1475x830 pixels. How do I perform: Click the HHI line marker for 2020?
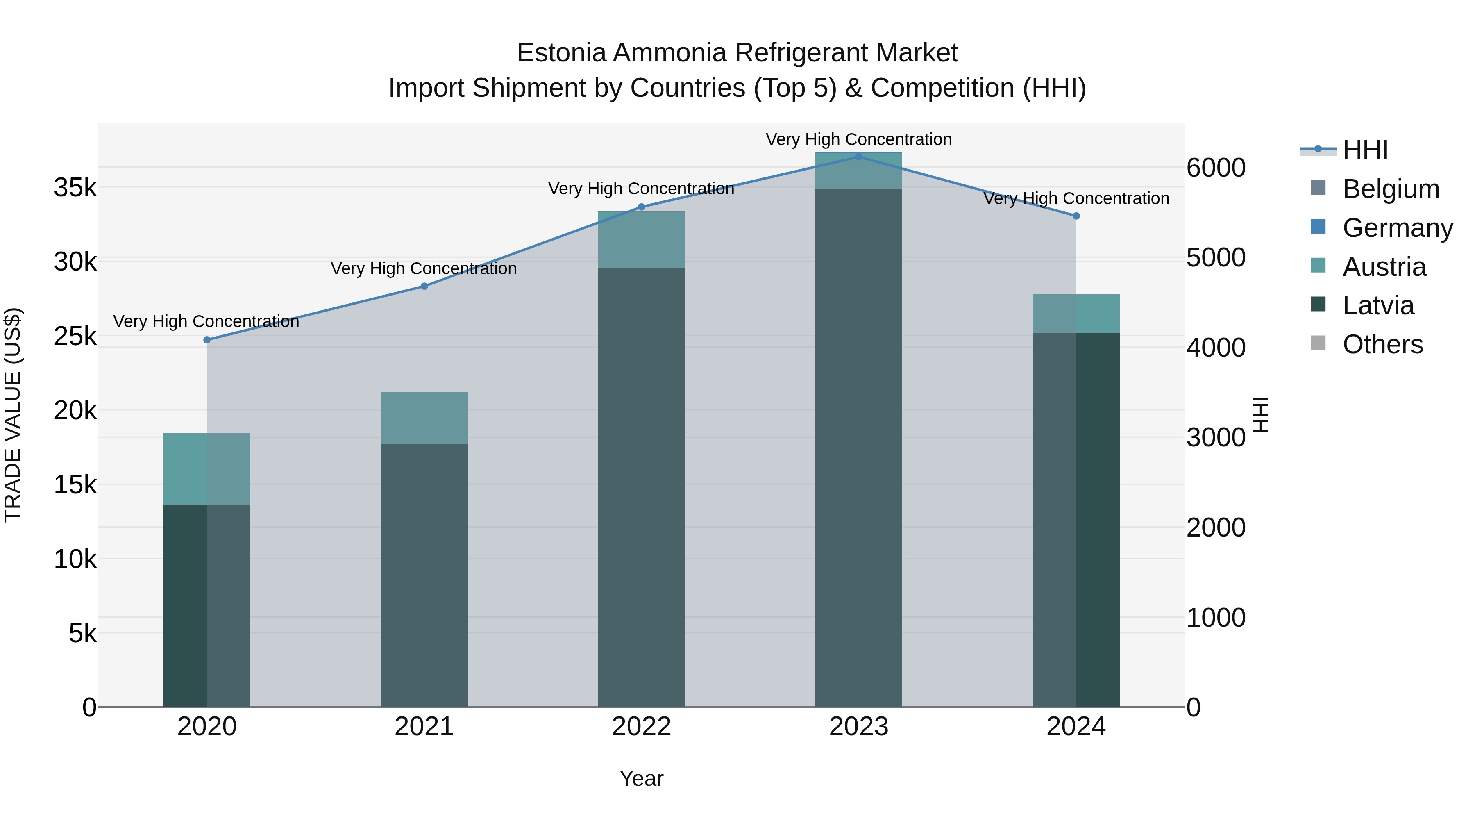207,340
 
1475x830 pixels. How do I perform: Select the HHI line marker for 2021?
424,287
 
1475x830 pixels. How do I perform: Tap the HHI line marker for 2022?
641,207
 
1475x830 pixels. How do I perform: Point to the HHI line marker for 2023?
858,157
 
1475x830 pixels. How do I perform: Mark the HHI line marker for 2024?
1076,216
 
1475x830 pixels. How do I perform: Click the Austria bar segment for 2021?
424,418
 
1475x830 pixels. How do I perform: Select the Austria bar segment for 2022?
641,240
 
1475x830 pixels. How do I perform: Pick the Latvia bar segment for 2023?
858,447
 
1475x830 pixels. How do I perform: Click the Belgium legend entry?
1391,189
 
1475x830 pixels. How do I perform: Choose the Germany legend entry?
1398,228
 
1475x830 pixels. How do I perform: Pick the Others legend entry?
1383,344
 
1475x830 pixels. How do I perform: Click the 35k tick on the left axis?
75,187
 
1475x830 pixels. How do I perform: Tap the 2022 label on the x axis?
641,727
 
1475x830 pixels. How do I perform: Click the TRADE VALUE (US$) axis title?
13,415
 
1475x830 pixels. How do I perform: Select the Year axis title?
641,778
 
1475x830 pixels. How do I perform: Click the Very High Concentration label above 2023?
858,139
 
